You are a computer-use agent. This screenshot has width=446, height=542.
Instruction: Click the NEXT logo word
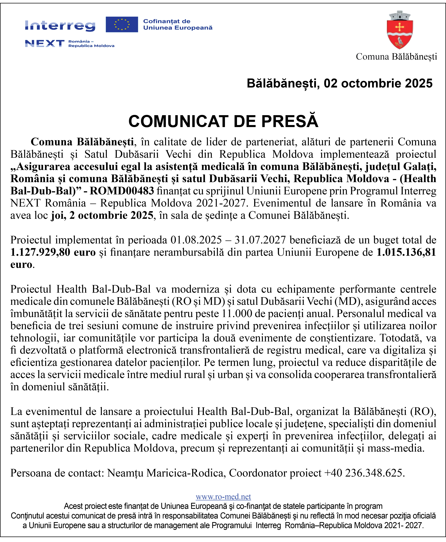pos(45,43)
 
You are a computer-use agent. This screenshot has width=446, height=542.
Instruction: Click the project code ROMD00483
pos(122,191)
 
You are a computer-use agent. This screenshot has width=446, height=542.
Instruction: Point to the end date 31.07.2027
pos(260,240)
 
